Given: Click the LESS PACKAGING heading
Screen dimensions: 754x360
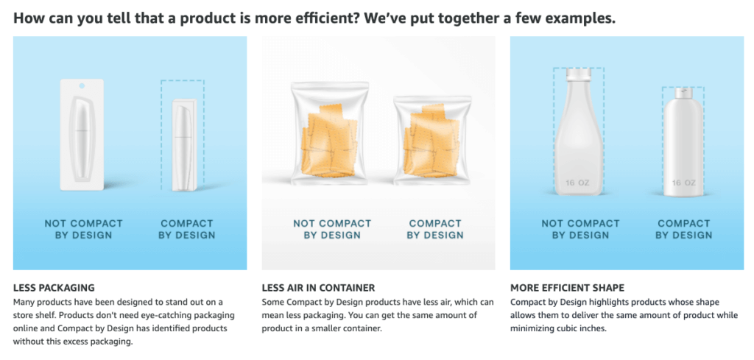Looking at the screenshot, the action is [54, 288].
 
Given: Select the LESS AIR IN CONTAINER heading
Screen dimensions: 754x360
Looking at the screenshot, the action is [318, 288].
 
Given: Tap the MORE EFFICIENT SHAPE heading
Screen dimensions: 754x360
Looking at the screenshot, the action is [567, 288].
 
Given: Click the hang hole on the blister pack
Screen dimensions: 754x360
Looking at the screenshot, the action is [82, 85].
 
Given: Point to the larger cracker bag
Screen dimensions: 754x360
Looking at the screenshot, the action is [329, 133].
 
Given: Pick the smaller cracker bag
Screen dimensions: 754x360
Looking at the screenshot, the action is [432, 140].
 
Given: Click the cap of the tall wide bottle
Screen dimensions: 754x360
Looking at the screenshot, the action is [579, 74].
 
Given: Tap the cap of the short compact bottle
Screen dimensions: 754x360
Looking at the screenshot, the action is [683, 92].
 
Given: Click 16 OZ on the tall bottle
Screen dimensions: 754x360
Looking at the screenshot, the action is [577, 183].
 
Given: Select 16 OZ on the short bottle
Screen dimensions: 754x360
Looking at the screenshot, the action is [683, 183].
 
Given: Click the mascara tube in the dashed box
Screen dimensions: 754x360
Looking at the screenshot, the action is [183, 145].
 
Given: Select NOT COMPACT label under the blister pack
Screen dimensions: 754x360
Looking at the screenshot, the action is [84, 224].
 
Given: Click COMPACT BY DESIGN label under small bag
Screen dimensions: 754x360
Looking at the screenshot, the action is [435, 229].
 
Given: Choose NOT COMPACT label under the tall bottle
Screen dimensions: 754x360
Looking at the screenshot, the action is [580, 224].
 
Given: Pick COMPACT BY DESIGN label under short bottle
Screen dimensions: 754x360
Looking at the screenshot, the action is [684, 229].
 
